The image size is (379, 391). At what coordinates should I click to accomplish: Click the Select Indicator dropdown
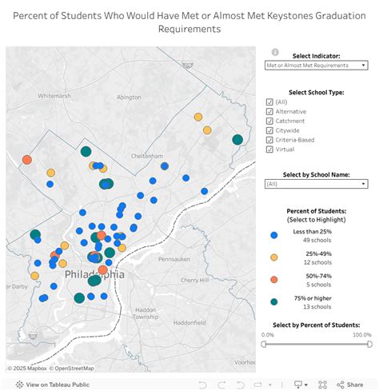316,64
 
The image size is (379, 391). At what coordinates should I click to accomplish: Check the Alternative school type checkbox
269,111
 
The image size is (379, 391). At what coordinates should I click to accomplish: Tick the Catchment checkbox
269,121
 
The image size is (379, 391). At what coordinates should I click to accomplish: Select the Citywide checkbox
269,130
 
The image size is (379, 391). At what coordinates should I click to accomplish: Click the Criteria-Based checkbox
269,139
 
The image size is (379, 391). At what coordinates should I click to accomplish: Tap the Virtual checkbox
269,149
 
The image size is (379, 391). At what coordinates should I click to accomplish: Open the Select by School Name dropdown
316,183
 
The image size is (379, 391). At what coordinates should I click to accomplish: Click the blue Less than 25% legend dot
274,235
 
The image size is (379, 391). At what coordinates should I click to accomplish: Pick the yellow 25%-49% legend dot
274,257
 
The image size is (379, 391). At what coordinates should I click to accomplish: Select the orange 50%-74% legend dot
274,279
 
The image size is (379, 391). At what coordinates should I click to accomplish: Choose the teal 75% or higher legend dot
274,301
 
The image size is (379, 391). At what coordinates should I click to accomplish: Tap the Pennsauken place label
175,260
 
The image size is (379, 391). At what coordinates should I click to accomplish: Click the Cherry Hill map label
194,280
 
